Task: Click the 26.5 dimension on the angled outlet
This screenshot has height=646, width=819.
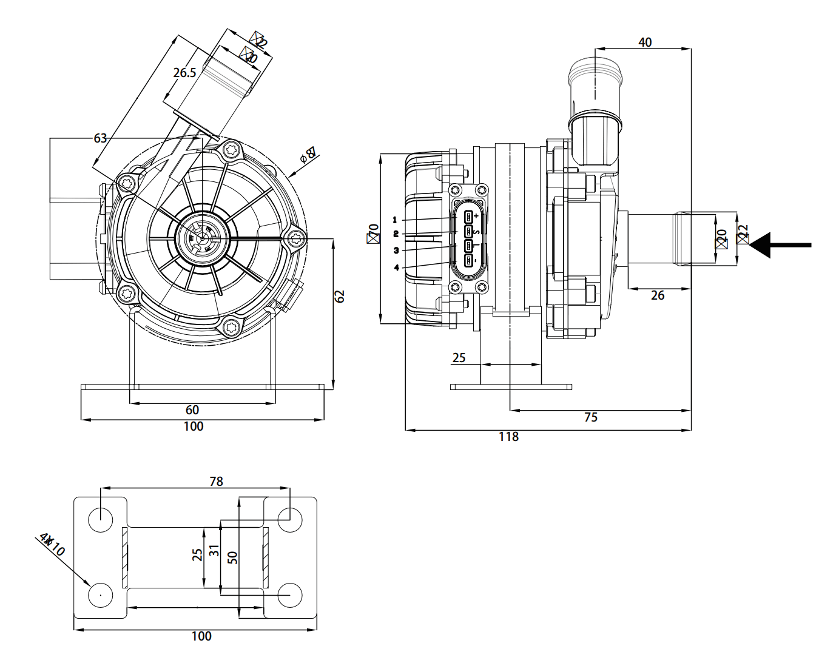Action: click(184, 73)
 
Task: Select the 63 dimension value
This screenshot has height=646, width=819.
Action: click(100, 138)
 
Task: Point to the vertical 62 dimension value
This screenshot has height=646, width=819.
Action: click(340, 296)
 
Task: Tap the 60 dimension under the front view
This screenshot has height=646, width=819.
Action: click(192, 410)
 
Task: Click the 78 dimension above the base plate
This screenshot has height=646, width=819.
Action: click(216, 481)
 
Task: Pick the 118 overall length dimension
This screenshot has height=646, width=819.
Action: click(508, 437)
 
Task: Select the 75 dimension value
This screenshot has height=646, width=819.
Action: click(590, 417)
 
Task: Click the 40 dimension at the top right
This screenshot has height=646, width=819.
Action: click(645, 42)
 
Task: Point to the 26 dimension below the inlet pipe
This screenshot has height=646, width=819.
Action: click(658, 295)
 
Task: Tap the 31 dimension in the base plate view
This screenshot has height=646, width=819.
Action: click(214, 551)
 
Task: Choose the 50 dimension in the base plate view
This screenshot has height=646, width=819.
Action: click(232, 557)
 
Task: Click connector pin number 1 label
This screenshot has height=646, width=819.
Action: click(395, 220)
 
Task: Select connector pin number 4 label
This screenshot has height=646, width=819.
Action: click(396, 267)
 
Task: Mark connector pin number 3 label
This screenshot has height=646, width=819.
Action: click(396, 251)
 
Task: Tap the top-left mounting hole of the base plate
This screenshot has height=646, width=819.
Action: click(101, 519)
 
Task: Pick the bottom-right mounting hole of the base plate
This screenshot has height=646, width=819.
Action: click(290, 595)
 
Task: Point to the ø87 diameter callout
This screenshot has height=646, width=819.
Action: click(309, 155)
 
